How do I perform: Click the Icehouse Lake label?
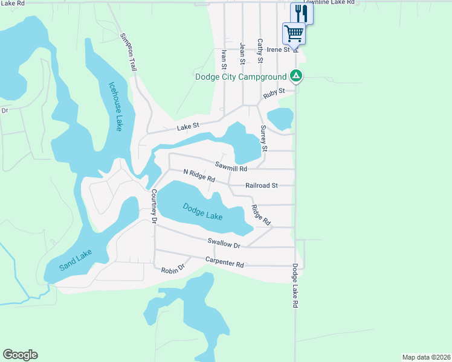click(x=115, y=106)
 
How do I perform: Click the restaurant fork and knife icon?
click(x=302, y=13)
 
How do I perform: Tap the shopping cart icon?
click(x=294, y=33)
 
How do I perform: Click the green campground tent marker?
click(x=295, y=76)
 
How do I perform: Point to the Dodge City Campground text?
click(x=241, y=77)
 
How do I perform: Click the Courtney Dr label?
click(x=154, y=207)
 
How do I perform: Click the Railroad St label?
click(x=261, y=186)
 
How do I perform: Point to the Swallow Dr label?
click(x=224, y=244)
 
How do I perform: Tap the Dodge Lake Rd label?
click(x=295, y=286)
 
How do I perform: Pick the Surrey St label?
click(x=263, y=138)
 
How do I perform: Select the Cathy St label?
click(x=260, y=51)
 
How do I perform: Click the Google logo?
click(x=20, y=355)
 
